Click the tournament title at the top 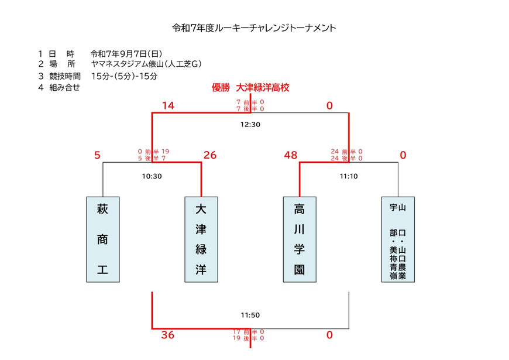click(254, 28)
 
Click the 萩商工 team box click(103, 239)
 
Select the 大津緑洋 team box click(201, 239)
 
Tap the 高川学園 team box click(300, 239)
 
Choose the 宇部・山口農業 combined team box click(398, 239)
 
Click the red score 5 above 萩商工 click(98, 155)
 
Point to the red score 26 click(209, 155)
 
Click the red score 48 click(290, 155)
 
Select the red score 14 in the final click(168, 106)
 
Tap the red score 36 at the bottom click(167, 335)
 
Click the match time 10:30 click(152, 175)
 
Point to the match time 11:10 click(349, 175)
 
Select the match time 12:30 click(250, 125)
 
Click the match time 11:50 click(250, 315)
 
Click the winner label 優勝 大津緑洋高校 click(250, 88)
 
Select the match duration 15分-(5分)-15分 click(125, 76)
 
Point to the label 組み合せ click(64, 87)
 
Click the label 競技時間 click(66, 76)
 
